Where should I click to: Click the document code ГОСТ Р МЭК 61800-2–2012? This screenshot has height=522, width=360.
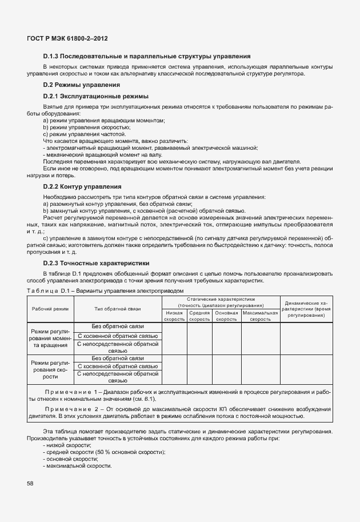click(x=67, y=38)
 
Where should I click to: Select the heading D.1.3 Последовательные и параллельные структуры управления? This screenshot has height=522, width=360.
click(x=147, y=56)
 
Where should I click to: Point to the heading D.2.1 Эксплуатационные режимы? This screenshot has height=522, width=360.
click(x=95, y=96)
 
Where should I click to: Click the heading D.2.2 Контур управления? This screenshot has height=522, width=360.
click(x=82, y=186)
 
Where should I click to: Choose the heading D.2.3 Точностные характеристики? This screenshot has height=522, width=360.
click(x=97, y=263)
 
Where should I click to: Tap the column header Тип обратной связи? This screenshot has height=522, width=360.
click(x=118, y=309)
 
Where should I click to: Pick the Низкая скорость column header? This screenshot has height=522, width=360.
click(x=174, y=316)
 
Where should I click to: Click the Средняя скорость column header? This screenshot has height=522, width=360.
click(x=199, y=316)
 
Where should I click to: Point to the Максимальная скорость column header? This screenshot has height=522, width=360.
click(x=260, y=316)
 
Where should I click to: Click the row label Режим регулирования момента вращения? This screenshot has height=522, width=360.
click(x=50, y=338)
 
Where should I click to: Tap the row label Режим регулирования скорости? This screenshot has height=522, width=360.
click(x=50, y=369)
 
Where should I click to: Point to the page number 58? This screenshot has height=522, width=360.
click(x=30, y=484)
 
